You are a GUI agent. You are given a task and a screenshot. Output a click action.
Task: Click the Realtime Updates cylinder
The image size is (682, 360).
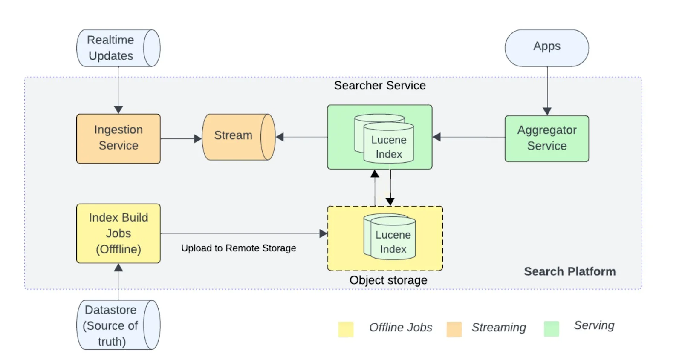pos(118,48)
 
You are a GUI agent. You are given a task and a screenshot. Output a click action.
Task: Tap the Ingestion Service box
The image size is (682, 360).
pos(118,138)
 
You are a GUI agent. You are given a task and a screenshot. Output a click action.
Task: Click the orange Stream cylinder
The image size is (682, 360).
pos(238,137)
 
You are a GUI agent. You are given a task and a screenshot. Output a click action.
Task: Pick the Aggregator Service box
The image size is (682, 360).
pos(546,138)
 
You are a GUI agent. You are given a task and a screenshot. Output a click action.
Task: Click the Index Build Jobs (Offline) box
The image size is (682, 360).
pos(118,233)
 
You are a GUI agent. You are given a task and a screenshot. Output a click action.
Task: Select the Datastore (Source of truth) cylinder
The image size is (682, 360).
pos(118,325)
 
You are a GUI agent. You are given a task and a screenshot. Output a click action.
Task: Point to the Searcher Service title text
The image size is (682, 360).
pos(379,86)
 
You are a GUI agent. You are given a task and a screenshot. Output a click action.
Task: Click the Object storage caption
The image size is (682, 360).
pos(388,280)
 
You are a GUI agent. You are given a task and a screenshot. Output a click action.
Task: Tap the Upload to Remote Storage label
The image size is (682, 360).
pos(238,248)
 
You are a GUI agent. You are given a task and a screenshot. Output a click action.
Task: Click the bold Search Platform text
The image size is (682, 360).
pos(569,271)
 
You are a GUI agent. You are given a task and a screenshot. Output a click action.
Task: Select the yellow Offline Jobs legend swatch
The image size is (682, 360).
pos(346,329)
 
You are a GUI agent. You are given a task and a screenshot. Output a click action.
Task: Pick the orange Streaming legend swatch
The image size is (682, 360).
pos(454,329)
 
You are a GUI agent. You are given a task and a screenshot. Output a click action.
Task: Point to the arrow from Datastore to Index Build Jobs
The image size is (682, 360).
pos(118,281)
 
